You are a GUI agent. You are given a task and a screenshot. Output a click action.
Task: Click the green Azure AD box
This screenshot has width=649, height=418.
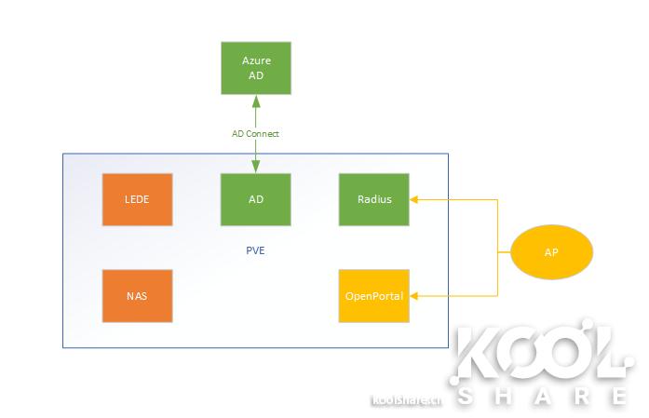[256, 68]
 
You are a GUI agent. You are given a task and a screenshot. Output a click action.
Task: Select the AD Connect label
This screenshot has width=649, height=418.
[256, 134]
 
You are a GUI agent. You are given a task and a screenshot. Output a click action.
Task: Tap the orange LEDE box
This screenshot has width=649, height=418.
[137, 199]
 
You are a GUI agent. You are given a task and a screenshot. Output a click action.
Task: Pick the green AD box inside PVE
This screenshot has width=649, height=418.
[256, 199]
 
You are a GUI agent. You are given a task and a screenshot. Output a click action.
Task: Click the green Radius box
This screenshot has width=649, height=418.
[374, 199]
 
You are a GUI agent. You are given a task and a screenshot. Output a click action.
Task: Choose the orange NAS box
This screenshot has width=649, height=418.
[137, 296]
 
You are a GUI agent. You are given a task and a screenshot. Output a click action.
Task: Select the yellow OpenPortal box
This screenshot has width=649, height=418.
[374, 296]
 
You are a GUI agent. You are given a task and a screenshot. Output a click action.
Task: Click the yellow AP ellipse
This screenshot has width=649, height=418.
[551, 251]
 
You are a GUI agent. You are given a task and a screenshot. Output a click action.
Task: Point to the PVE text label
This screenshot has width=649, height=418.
[256, 250]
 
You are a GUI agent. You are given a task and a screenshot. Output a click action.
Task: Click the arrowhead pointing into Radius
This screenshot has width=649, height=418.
[415, 198]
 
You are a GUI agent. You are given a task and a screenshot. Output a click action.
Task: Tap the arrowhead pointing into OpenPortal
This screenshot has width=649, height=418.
[415, 296]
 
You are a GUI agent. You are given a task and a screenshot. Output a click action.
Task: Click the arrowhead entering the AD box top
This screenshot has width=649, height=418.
[256, 169]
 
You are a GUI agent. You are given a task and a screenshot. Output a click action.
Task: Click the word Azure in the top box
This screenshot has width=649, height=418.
[256, 61]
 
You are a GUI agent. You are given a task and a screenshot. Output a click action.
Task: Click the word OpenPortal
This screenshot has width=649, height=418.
[374, 296]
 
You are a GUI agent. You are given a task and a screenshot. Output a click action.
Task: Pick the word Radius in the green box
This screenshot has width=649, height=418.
[374, 199]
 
